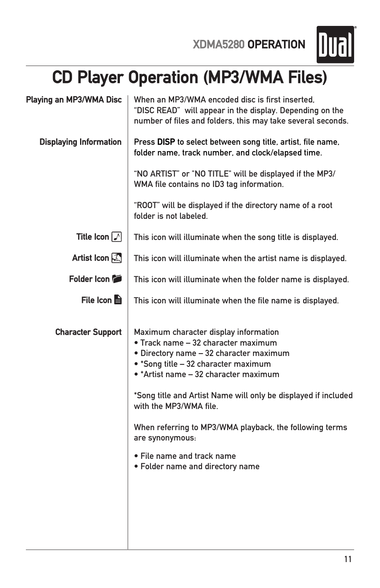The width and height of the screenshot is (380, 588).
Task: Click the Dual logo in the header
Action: pyautogui.click(x=335, y=45)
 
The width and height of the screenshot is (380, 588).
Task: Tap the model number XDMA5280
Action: pyautogui.click(x=218, y=45)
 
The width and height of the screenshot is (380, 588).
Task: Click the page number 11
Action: pyautogui.click(x=348, y=559)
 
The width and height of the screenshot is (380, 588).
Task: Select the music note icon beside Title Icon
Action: pyautogui.click(x=117, y=237)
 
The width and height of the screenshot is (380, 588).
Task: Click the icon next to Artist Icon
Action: pyautogui.click(x=117, y=258)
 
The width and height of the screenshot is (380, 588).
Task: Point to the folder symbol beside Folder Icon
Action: pyautogui.click(x=117, y=279)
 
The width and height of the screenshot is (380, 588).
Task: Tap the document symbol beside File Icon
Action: pyautogui.click(x=118, y=300)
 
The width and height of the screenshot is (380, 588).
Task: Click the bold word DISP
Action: pyautogui.click(x=166, y=142)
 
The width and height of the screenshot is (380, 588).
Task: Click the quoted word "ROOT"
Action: pyautogui.click(x=147, y=206)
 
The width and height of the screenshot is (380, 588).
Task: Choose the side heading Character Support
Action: pyautogui.click(x=88, y=332)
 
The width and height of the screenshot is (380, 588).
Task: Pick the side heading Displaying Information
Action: pyautogui.click(x=80, y=142)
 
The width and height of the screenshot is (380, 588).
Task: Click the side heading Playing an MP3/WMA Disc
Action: pyautogui.click(x=74, y=100)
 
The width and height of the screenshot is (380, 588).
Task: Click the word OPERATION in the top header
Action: pyautogui.click(x=276, y=45)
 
